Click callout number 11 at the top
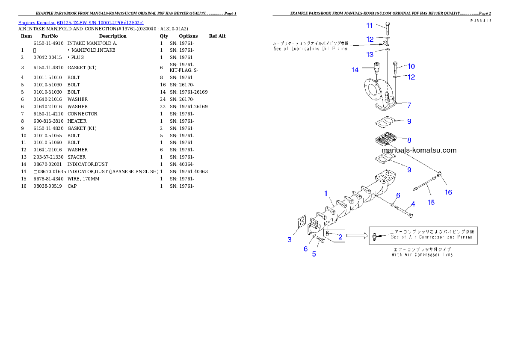point(369,26)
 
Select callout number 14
point(355,70)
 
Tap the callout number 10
point(411,66)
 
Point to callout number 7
point(409,105)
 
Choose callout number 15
point(431,202)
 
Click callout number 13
point(370,54)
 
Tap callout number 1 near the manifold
point(326,193)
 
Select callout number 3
point(290,239)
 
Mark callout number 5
point(314,254)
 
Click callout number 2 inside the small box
point(340,236)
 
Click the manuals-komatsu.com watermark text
point(419,150)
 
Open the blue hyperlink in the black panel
point(81,22)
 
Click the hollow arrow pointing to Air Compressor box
point(357,235)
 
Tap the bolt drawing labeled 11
point(387,28)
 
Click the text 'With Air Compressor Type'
point(422,254)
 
